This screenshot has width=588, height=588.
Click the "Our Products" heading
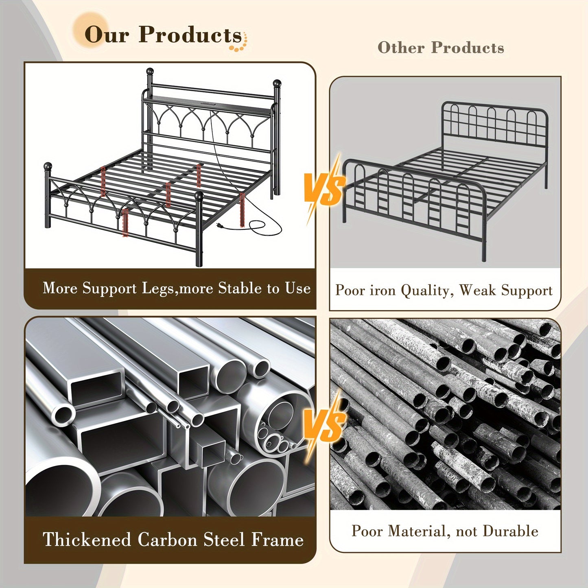(163, 35)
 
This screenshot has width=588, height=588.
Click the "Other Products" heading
(441, 48)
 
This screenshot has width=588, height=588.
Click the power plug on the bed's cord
(219, 225)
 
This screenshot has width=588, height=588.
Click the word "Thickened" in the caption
(86, 540)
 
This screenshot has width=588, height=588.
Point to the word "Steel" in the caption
(224, 540)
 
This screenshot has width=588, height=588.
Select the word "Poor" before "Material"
(367, 531)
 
